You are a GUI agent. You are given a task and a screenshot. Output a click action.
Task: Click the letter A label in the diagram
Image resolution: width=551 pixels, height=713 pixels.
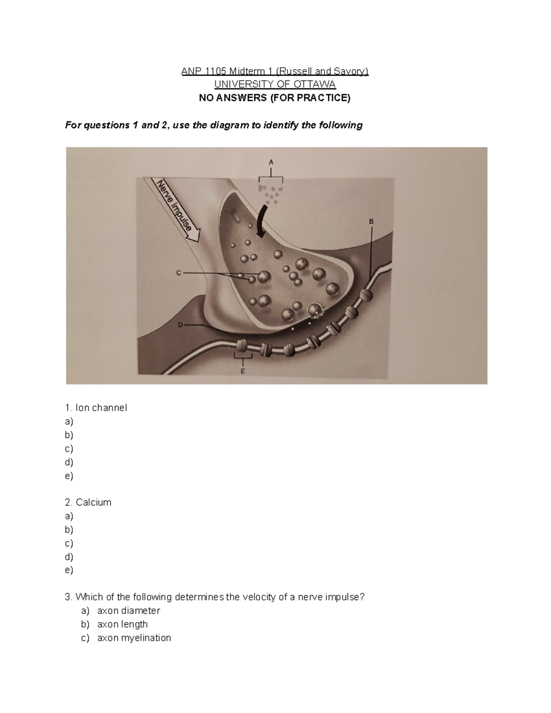click(271, 162)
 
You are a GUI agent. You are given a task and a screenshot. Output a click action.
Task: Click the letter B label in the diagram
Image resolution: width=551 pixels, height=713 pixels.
click(371, 222)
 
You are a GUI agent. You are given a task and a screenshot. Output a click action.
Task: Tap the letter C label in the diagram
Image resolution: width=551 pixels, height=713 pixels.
click(179, 273)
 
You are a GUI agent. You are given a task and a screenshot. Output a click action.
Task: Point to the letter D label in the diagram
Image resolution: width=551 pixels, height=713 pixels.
click(180, 325)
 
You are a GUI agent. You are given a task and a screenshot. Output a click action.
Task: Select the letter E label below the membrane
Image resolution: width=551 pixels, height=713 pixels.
click(243, 371)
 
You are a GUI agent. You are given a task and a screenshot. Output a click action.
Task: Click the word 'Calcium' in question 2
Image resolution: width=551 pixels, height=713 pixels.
click(94, 502)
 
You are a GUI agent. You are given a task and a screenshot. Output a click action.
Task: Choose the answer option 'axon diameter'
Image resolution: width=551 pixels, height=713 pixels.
click(128, 611)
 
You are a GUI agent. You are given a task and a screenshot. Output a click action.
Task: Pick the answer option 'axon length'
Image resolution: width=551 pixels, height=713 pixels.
click(122, 624)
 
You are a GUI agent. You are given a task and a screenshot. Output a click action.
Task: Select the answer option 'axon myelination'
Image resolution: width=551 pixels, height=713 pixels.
click(134, 638)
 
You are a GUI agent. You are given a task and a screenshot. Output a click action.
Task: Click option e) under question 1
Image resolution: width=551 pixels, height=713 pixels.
click(69, 476)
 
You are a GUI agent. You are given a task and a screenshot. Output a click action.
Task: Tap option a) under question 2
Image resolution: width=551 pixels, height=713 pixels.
click(69, 516)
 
